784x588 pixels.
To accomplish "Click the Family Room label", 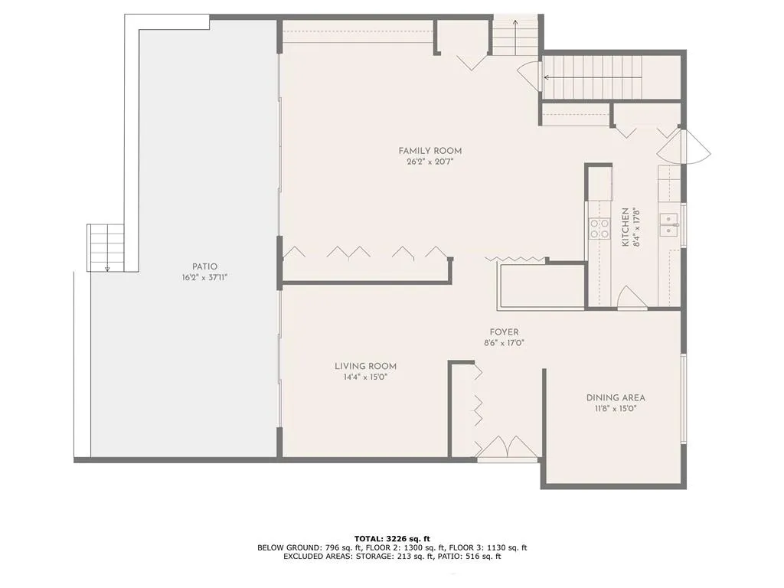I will pos(430,151).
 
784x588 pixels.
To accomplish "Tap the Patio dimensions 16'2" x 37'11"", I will pos(204,278).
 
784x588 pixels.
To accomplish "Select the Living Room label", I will pos(365,366).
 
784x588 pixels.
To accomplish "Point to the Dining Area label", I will pos(616,397).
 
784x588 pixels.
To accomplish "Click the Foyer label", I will pos(504,332).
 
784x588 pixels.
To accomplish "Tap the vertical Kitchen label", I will pos(626,227).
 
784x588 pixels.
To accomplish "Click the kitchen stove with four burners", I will pos(599,228).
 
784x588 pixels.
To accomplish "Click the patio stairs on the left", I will pos(106,247).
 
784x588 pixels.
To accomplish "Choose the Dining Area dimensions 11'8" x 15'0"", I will pos(616,409).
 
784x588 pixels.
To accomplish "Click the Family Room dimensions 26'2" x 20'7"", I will pos(430,162).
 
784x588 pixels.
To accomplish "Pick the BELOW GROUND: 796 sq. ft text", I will pos(299,547).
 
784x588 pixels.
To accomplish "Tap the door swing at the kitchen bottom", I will pos(631,299).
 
